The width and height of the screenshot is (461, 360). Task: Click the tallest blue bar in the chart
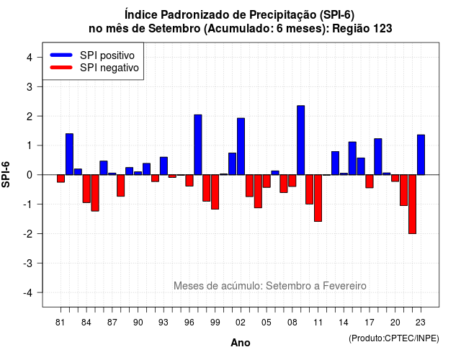pyautogui.click(x=301, y=140)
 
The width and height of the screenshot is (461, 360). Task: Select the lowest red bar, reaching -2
pyautogui.click(x=412, y=204)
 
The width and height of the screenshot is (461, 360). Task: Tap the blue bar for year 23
pyautogui.click(x=421, y=155)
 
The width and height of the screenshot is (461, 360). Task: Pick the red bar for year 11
pyautogui.click(x=318, y=198)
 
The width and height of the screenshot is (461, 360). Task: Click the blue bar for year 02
pyautogui.click(x=241, y=146)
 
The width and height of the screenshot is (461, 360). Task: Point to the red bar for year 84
pyautogui.click(x=86, y=189)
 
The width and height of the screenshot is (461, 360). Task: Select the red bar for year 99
pyautogui.click(x=215, y=192)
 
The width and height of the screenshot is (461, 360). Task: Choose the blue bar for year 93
pyautogui.click(x=164, y=166)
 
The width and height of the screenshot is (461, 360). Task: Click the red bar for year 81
pyautogui.click(x=61, y=179)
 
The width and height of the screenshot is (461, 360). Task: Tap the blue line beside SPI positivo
pyautogui.click(x=61, y=55)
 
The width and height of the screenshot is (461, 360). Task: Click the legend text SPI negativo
pyautogui.click(x=109, y=68)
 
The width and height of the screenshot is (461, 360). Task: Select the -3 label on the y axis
pyautogui.click(x=28, y=264)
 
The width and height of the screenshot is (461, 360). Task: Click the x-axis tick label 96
pyautogui.click(x=189, y=323)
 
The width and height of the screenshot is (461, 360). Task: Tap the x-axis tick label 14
pyautogui.click(x=344, y=323)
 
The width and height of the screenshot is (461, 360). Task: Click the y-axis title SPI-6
pyautogui.click(x=6, y=174)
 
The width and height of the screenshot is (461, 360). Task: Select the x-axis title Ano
pyautogui.click(x=241, y=343)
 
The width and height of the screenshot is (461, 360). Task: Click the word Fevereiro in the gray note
pyautogui.click(x=344, y=286)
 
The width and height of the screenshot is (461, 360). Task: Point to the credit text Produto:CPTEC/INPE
pyautogui.click(x=394, y=338)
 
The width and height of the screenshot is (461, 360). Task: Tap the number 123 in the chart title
pyautogui.click(x=382, y=29)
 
